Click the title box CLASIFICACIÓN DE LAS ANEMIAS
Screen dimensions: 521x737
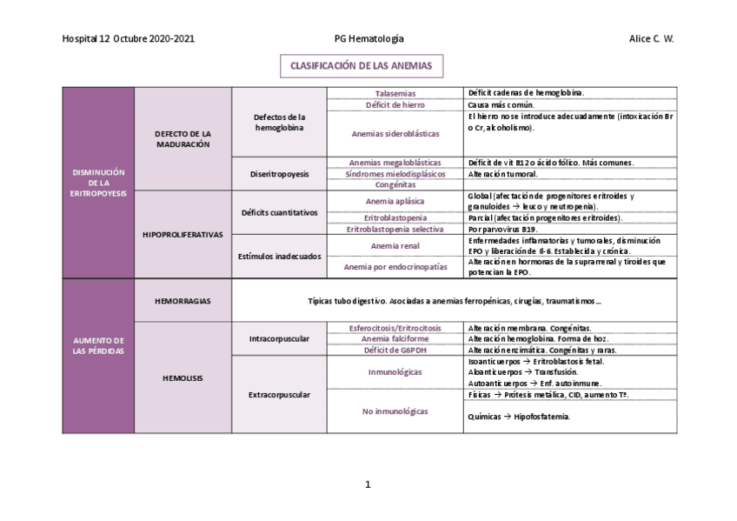point(361,66)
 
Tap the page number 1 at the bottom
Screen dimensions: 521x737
point(368,484)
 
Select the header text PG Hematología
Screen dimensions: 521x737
point(368,39)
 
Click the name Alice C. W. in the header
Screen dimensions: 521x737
point(651,39)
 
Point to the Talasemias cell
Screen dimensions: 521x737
point(395,93)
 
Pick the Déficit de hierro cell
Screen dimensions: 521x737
point(395,104)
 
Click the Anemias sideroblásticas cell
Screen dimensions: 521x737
point(395,134)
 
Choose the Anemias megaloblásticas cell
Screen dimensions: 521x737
point(395,163)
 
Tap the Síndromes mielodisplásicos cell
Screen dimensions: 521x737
point(395,174)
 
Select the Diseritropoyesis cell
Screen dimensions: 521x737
point(281,174)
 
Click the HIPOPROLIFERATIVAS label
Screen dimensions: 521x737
point(183,235)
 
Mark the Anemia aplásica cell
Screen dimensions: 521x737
point(395,202)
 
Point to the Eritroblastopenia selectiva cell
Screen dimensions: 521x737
point(395,229)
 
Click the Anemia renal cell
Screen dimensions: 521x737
point(395,246)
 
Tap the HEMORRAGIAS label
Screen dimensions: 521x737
point(183,301)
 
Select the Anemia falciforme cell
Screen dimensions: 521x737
point(395,338)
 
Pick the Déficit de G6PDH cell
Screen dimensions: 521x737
point(395,350)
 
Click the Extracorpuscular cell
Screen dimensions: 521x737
point(280,395)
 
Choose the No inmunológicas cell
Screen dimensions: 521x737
point(395,411)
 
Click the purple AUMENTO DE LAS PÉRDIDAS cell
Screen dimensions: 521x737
point(98,344)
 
